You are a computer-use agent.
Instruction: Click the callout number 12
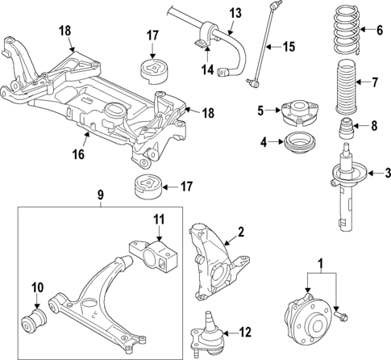click(x=246, y=332)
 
